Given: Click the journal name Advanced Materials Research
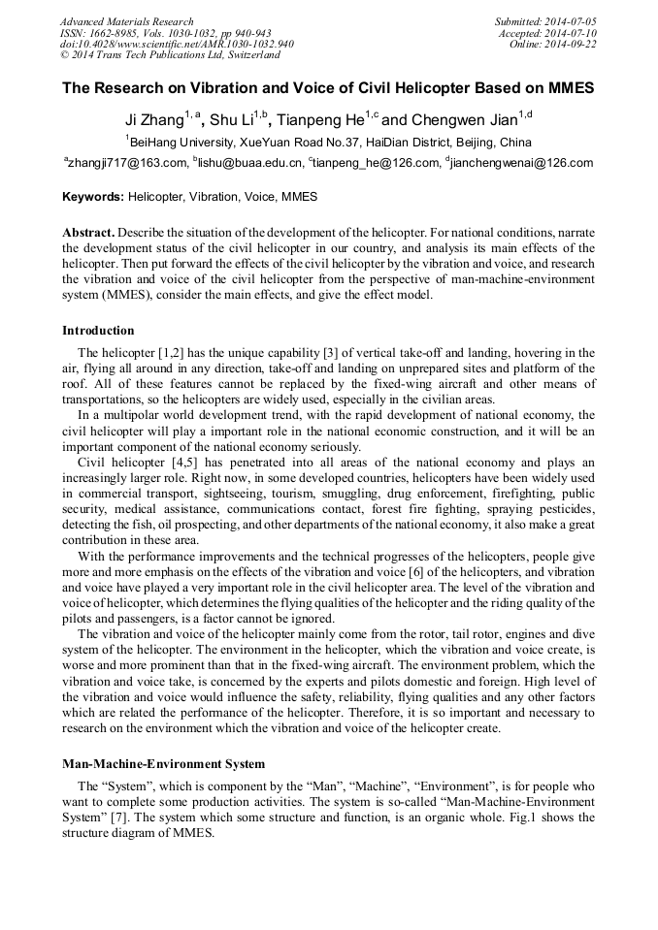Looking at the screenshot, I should coord(126,21).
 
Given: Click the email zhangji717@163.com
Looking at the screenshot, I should coord(126,163).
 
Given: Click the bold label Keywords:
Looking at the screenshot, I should coord(93,197).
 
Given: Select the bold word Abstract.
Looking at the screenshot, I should coord(89,235).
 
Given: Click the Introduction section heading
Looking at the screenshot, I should coord(98,331).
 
